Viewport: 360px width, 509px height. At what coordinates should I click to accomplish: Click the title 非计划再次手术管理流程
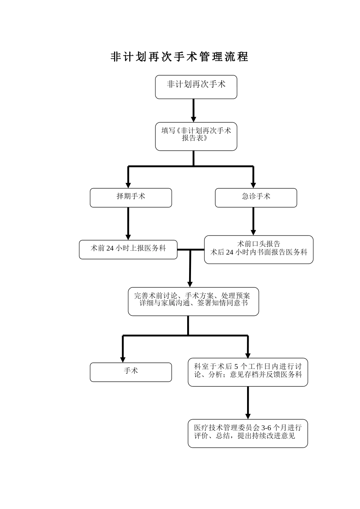(179, 57)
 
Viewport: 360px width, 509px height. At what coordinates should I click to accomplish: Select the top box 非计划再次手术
(196, 87)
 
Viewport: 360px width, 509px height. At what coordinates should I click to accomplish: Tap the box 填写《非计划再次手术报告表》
(196, 136)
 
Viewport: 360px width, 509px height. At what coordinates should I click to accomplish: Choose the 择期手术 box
(131, 198)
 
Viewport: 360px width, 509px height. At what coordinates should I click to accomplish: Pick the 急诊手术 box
(256, 198)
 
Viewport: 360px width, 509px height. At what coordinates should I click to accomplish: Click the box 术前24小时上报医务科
(128, 250)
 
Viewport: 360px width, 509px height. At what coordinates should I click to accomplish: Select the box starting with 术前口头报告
(258, 249)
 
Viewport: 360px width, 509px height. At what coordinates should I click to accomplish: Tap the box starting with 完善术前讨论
(193, 301)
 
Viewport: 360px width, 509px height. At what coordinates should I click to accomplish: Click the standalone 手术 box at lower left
(131, 372)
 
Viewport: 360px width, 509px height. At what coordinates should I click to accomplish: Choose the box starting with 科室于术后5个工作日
(248, 372)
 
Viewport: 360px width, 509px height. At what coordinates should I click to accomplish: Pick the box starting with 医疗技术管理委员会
(248, 433)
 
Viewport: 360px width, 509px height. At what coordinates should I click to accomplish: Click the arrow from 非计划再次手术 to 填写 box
(194, 110)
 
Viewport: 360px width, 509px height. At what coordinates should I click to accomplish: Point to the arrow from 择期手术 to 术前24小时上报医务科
(128, 223)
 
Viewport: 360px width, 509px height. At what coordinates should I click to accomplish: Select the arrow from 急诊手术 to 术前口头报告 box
(254, 221)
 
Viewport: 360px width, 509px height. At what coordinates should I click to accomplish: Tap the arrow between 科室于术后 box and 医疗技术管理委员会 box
(248, 402)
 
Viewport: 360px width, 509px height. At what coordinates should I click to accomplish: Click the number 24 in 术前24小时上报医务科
(110, 248)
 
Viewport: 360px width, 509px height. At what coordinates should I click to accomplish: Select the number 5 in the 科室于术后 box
(236, 367)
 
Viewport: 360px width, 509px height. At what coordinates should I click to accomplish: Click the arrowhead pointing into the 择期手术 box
(128, 184)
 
